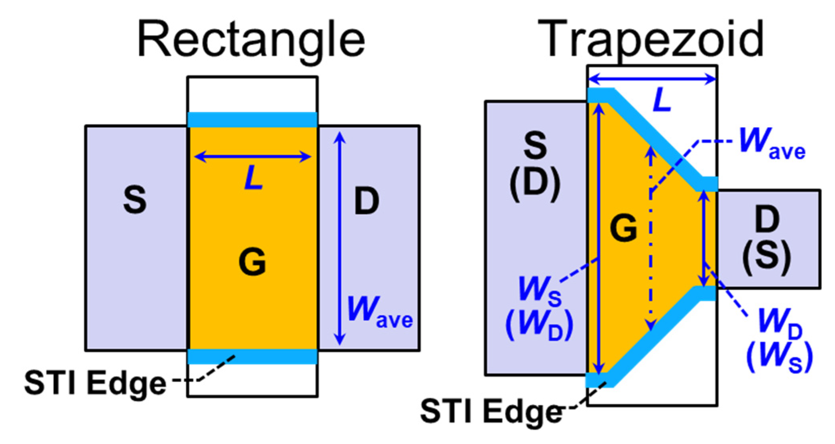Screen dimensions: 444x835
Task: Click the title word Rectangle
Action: pyautogui.click(x=251, y=40)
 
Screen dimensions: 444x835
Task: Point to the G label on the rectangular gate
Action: pyautogui.click(x=252, y=261)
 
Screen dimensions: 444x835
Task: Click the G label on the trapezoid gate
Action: pyautogui.click(x=623, y=227)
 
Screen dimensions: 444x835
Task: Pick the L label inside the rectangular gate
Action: pyautogui.click(x=253, y=178)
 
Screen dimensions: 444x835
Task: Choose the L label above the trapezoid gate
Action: pyautogui.click(x=662, y=100)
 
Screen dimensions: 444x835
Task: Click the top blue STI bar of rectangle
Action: pyautogui.click(x=252, y=120)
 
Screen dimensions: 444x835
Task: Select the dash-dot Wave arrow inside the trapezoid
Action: pyautogui.click(x=651, y=239)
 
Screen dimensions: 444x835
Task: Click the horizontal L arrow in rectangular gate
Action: pyautogui.click(x=252, y=157)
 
